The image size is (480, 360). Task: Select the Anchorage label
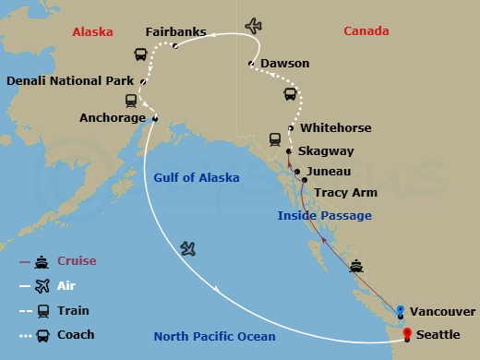[113, 118]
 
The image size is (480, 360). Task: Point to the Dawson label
[285, 64]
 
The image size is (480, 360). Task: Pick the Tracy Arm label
[343, 193]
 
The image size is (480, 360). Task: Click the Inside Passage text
[325, 215]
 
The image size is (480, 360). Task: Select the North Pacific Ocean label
[214, 337]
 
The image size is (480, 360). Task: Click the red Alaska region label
[92, 31]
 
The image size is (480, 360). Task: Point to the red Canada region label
[366, 31]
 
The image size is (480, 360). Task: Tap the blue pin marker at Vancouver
[400, 310]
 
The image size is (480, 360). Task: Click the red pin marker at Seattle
[406, 333]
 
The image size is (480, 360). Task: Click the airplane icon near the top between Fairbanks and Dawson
[253, 25]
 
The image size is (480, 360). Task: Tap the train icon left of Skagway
[275, 139]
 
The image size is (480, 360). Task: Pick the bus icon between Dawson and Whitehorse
[290, 95]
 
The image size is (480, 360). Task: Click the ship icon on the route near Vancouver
[356, 267]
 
